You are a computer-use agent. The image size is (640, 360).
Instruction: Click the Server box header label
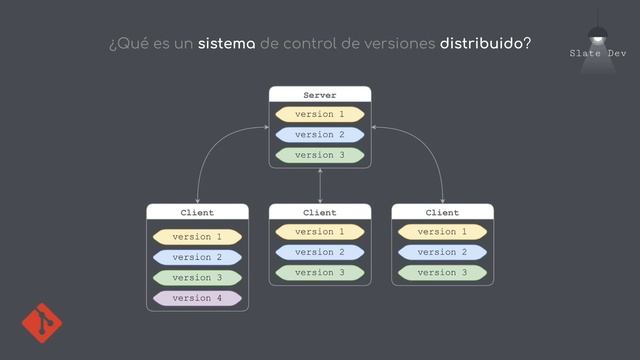tap(320, 95)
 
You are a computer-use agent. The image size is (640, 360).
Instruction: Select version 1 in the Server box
tap(320, 114)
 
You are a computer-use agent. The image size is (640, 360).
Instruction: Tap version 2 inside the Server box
tap(320, 134)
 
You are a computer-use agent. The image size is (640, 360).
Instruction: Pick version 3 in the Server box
tap(320, 155)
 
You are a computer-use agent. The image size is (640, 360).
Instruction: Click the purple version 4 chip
tap(197, 298)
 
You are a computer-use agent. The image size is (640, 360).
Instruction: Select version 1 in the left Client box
tap(197, 237)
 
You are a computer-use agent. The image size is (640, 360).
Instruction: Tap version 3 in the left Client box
tap(197, 277)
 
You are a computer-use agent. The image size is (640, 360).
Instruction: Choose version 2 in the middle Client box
tap(320, 252)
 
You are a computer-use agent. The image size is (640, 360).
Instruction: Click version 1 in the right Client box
tap(442, 232)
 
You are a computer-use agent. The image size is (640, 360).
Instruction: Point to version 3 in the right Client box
tap(442, 272)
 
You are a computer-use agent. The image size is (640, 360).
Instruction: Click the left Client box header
tap(197, 213)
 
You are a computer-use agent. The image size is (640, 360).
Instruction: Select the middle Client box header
tap(320, 213)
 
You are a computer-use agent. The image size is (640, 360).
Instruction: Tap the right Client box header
tap(442, 213)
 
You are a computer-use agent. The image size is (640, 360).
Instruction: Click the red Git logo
tap(42, 323)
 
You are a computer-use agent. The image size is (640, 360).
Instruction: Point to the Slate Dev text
tap(598, 52)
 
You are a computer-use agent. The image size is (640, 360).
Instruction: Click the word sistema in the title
tap(227, 45)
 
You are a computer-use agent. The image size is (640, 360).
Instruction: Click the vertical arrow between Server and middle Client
tap(320, 186)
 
